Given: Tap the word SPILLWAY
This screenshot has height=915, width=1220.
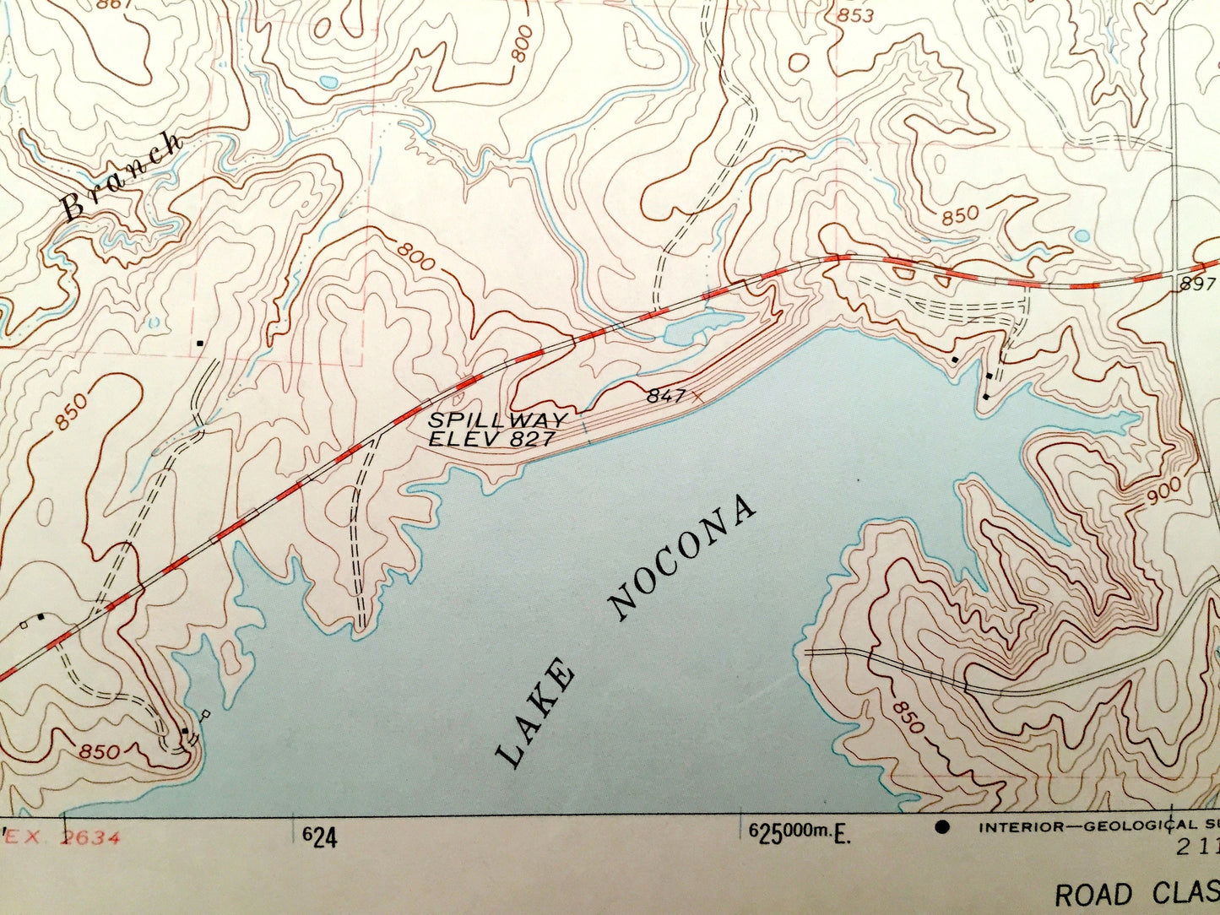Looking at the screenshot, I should coord(497,420).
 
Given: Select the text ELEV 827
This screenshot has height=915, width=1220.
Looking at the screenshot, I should coord(491,438).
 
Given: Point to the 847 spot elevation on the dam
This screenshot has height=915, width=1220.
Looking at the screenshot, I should coord(666,394).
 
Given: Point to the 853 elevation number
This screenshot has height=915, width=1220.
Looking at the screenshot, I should coord(854,15).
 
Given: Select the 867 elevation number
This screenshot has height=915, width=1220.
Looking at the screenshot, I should coord(114,3).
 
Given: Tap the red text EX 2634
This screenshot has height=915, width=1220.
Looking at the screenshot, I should coord(64,838).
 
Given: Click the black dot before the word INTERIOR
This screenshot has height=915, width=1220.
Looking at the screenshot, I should coord(942,826).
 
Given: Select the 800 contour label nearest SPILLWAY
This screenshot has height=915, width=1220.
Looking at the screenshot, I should coord(415,254).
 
